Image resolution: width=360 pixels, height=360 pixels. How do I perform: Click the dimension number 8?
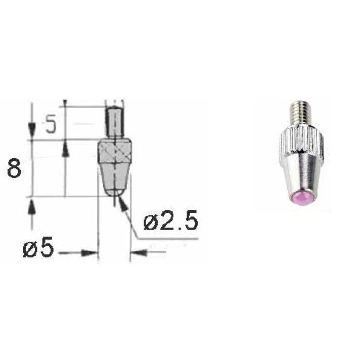pyautogui.click(x=14, y=168)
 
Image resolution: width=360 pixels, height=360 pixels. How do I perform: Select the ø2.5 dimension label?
pyautogui.click(x=170, y=220)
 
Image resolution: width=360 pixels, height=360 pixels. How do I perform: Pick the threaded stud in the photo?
pyautogui.click(x=300, y=115)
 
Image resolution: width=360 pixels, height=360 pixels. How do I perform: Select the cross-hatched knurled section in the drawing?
pyautogui.click(x=115, y=152)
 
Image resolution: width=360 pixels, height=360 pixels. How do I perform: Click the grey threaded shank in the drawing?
pyautogui.click(x=115, y=122)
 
